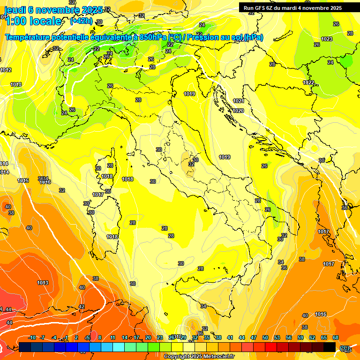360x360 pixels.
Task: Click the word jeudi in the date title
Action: [15, 10]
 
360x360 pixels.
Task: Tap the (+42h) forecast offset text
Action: [81, 21]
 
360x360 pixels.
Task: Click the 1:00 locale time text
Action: [33, 21]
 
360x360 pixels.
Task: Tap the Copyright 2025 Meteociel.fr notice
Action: [199, 356]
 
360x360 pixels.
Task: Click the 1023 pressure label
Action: [327, 39]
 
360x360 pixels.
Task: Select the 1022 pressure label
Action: [308, 82]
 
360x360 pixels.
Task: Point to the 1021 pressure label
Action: [239, 101]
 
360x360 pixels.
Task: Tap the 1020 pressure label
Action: [238, 111]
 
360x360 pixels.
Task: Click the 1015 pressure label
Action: [23, 180]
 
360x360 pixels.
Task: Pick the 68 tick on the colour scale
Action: [336, 337]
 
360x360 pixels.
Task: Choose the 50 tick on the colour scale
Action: [265, 337]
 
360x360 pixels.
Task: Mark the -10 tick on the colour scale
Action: [32, 337]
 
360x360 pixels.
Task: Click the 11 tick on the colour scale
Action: [113, 337]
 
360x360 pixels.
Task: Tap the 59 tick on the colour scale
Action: [300, 337]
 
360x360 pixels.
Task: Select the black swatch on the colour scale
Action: [330, 347]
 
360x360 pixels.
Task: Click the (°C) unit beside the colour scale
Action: [345, 348]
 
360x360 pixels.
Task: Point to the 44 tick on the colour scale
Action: [242, 337]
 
